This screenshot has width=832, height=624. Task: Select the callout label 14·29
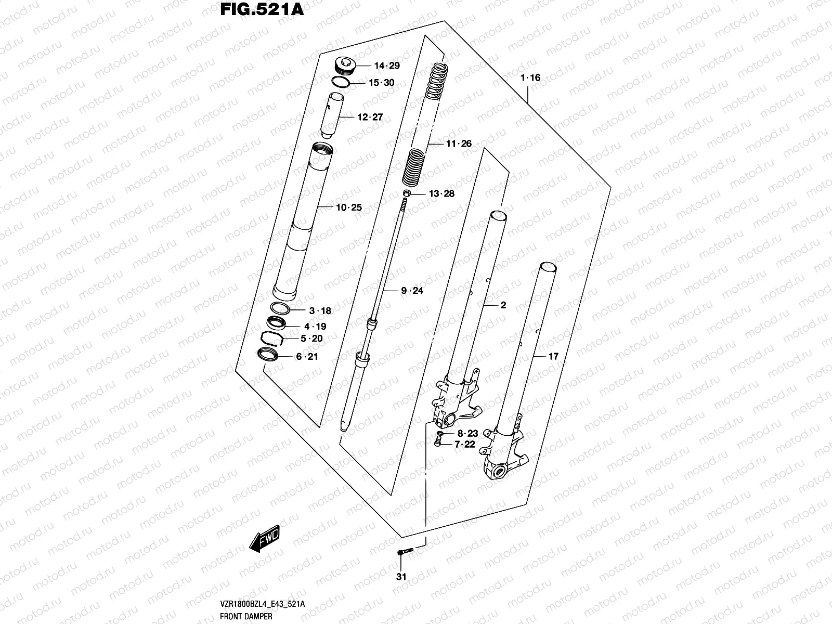pos(387,66)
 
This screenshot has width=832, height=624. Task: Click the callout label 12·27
pos(370,117)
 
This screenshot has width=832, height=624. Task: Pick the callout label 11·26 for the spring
pos(459,144)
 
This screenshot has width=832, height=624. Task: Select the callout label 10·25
pos(349,207)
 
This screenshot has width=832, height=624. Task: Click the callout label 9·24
pos(412,291)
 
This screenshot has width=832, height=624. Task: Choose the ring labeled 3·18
pos(280,308)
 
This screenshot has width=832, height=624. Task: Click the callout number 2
pos(503,305)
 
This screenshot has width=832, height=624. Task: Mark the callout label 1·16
pos(530,78)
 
